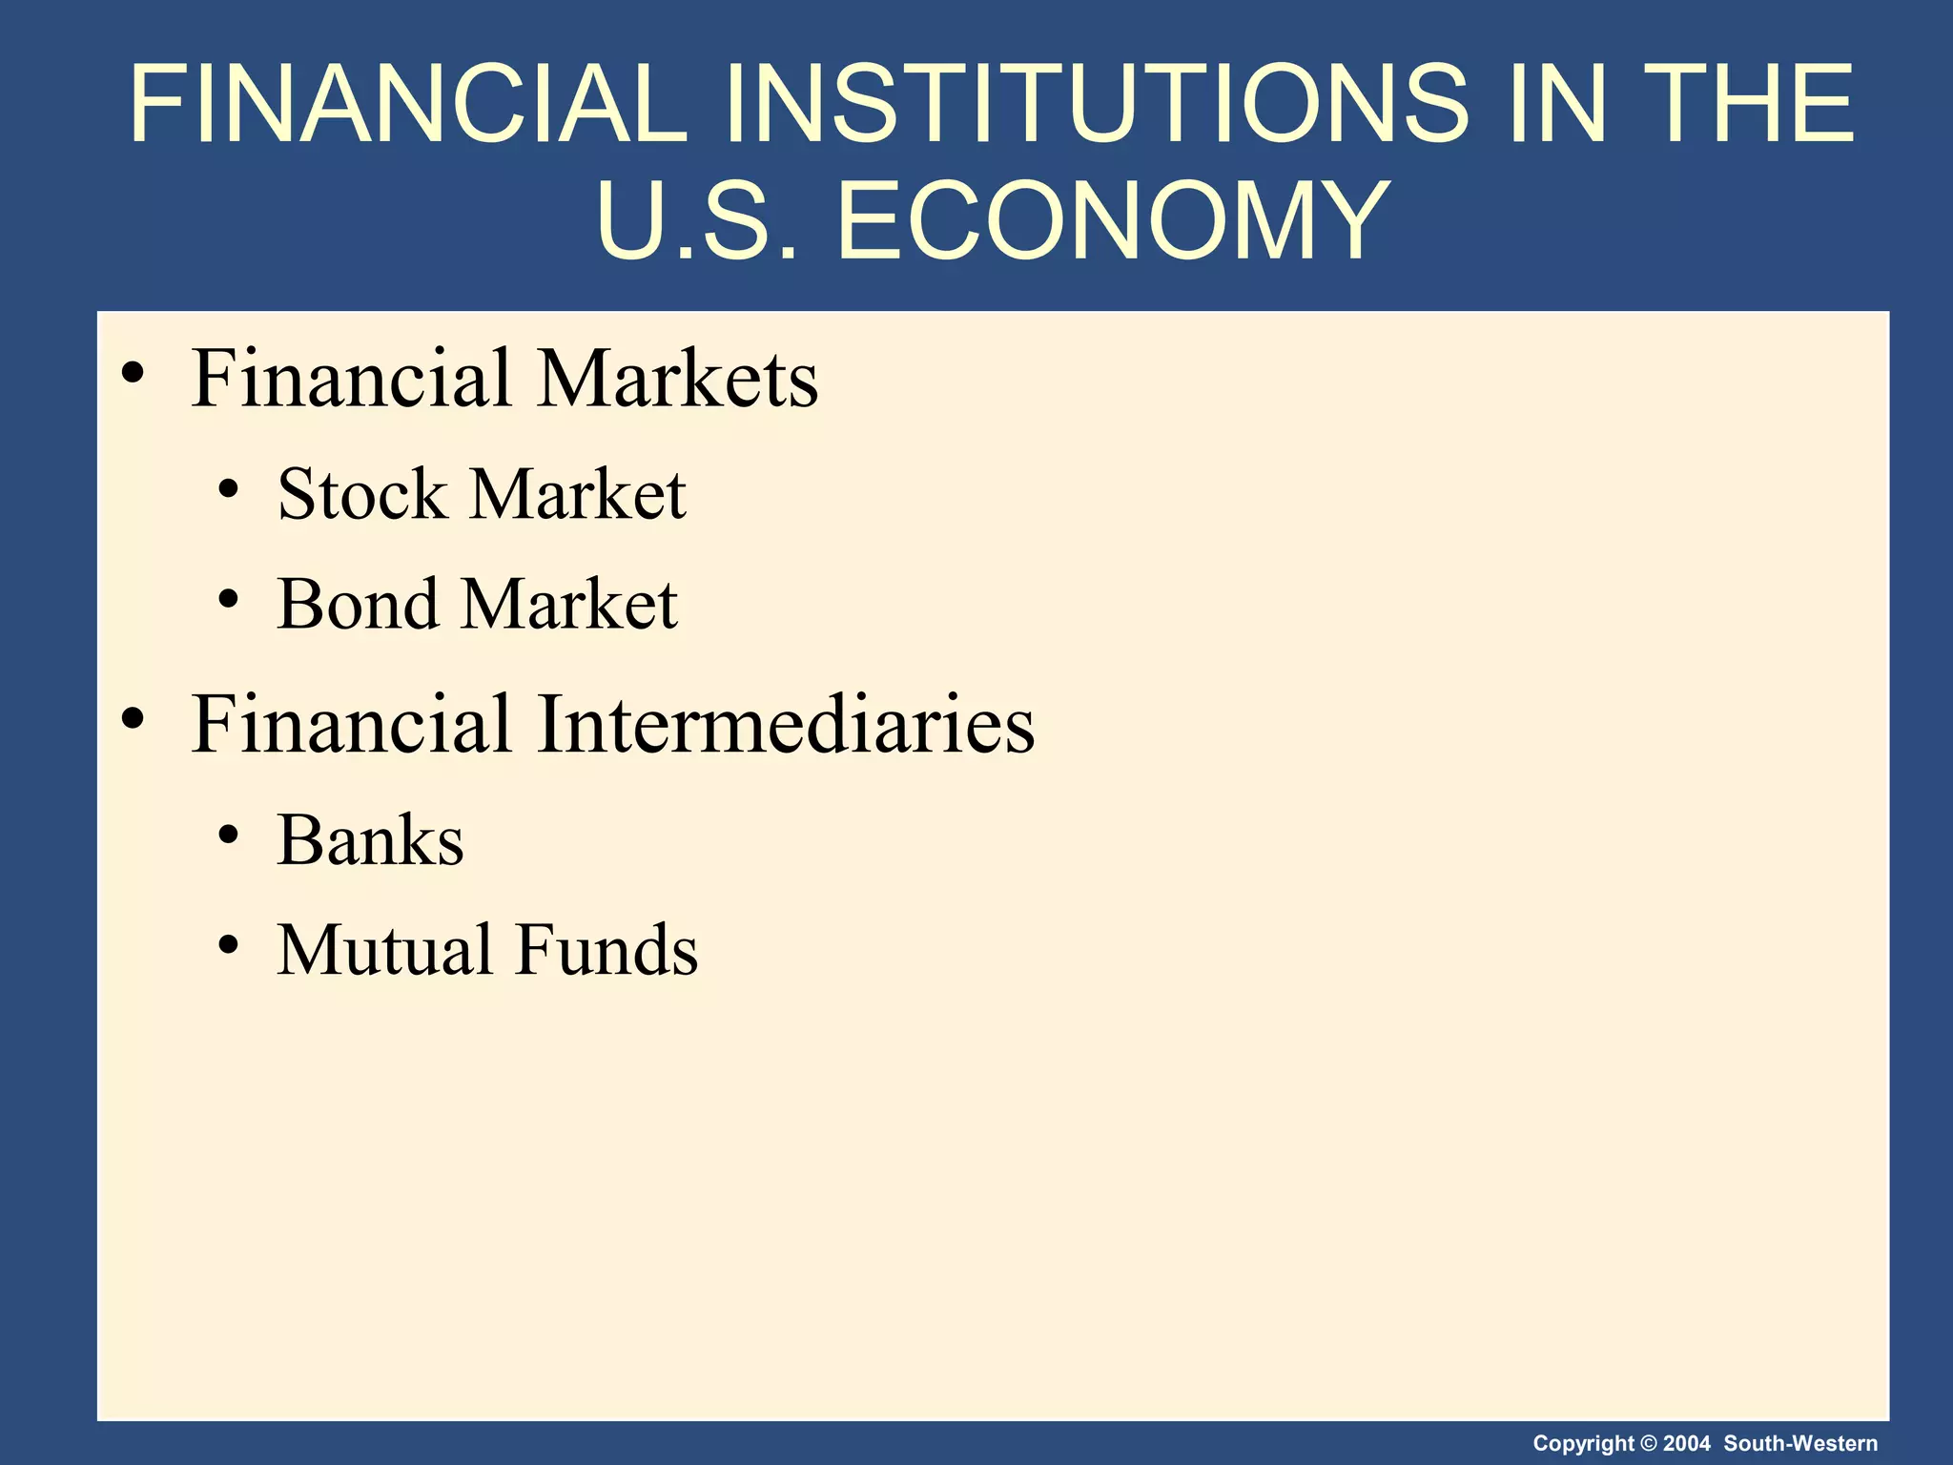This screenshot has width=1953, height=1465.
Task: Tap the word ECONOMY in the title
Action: click(x=1112, y=221)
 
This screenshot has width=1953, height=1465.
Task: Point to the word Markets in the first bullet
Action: click(x=678, y=379)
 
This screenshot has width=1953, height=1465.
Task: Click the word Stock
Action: click(x=362, y=495)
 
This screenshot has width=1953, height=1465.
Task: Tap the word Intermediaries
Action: click(x=786, y=725)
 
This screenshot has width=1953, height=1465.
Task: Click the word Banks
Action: click(x=370, y=841)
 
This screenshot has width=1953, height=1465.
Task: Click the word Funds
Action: click(x=607, y=951)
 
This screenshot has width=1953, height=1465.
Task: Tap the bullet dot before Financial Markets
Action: click(x=134, y=372)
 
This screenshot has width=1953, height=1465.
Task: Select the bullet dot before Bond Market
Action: click(x=228, y=600)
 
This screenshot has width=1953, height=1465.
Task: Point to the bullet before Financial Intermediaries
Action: click(x=134, y=718)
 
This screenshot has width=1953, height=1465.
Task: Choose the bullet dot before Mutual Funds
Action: click(x=228, y=945)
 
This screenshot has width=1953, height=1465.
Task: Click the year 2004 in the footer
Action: click(x=1687, y=1444)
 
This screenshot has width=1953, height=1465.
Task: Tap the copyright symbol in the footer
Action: click(x=1649, y=1444)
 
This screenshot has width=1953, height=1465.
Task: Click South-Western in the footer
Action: click(x=1800, y=1444)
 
